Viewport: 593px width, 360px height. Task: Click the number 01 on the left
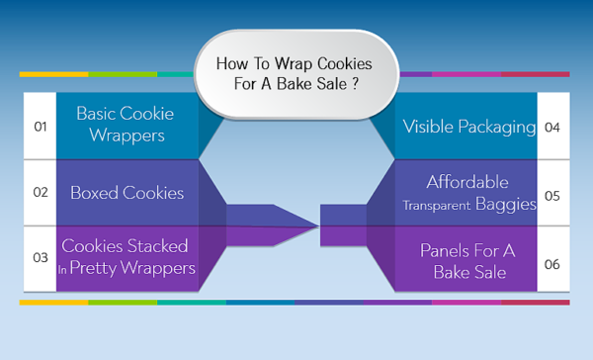[x=41, y=127]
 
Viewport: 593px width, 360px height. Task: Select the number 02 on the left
[x=41, y=193]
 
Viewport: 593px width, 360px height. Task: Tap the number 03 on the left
[x=41, y=257]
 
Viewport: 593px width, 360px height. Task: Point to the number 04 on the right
[x=552, y=127]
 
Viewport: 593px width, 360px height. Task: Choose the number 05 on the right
[x=552, y=195]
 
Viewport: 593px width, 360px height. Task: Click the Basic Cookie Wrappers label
[x=121, y=125]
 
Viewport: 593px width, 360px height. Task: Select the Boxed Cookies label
[x=127, y=193]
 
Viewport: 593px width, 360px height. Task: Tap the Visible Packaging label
[x=469, y=127]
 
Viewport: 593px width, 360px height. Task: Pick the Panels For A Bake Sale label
[x=468, y=260]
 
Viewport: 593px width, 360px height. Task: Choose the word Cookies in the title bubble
[x=335, y=62]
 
